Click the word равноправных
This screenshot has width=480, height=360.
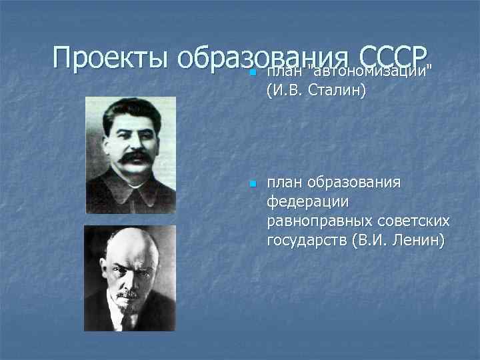coord(317,220)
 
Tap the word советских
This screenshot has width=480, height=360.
coord(411,220)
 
